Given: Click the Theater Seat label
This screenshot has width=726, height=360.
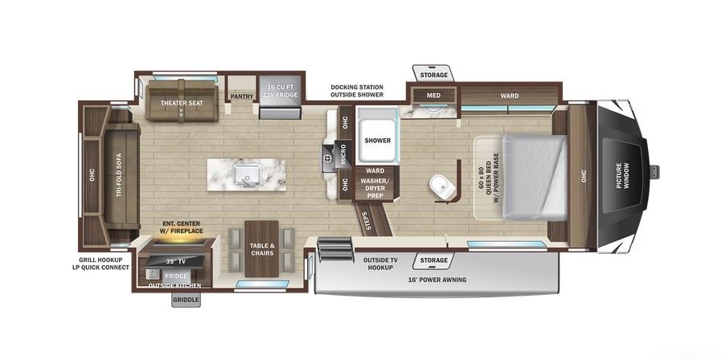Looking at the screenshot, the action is (182, 103).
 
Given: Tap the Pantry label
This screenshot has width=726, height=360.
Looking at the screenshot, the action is (242, 96).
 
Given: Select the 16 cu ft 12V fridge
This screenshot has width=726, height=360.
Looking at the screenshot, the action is (280, 96).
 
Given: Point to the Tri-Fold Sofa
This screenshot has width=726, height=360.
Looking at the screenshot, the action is (121, 176).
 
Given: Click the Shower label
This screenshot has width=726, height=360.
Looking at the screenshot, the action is (377, 140).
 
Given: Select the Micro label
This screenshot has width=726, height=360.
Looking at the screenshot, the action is (343, 154).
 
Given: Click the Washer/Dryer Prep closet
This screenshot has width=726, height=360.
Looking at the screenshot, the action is (377, 183).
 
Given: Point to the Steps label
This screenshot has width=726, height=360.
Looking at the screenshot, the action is (364, 220).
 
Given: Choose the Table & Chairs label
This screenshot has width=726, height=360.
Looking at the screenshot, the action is (262, 249).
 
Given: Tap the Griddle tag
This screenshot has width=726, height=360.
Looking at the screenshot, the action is (187, 301).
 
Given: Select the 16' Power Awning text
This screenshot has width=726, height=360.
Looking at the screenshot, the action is (437, 280).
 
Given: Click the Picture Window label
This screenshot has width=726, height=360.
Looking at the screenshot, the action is (622, 175).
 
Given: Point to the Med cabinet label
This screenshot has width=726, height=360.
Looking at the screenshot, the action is (433, 96).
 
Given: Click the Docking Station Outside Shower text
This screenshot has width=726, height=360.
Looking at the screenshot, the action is (357, 91).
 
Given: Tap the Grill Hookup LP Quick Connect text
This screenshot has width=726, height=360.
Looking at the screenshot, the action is (100, 264).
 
